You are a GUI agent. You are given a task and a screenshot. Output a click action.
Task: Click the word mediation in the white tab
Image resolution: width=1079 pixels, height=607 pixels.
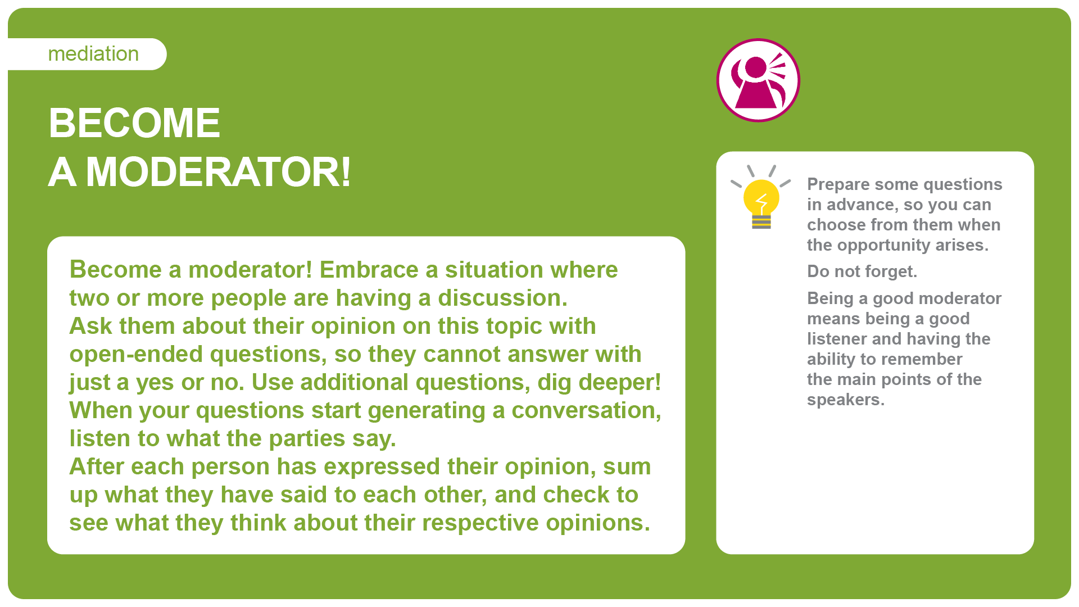pyautogui.click(x=93, y=54)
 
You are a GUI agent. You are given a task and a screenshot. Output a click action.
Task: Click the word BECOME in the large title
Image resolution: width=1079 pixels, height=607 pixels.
pyautogui.click(x=134, y=123)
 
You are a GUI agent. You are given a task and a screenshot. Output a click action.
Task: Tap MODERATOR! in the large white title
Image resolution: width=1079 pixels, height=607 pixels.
pyautogui.click(x=219, y=171)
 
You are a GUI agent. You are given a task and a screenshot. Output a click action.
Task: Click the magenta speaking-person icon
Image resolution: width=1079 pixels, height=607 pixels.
pyautogui.click(x=758, y=80)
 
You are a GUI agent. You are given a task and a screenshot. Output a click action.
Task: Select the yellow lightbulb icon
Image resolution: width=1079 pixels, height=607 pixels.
pyautogui.click(x=761, y=197)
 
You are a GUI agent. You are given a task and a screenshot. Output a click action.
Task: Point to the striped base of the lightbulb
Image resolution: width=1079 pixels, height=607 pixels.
pyautogui.click(x=761, y=222)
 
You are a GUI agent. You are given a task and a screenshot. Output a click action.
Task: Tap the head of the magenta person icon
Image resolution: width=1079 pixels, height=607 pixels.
pyautogui.click(x=755, y=67)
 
